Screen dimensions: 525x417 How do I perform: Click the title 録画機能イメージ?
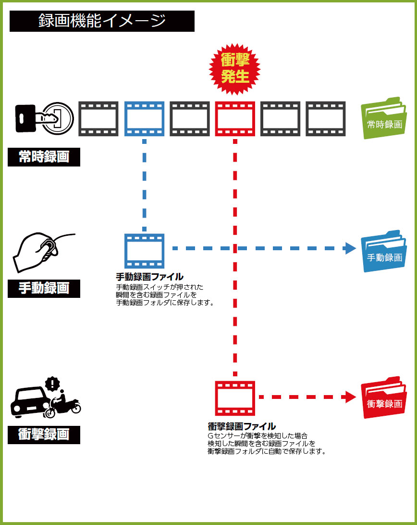102,21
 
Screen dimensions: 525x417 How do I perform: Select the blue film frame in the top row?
144,118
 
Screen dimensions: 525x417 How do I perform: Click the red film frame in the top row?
235,118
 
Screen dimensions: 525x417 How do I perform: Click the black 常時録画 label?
44,157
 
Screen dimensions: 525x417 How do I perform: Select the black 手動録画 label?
44,288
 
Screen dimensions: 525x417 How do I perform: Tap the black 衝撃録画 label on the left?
44,435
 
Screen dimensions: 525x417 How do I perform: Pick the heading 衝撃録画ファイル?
242,426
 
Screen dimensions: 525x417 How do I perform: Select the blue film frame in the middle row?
144,250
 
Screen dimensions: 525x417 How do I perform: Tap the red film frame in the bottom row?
235,398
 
